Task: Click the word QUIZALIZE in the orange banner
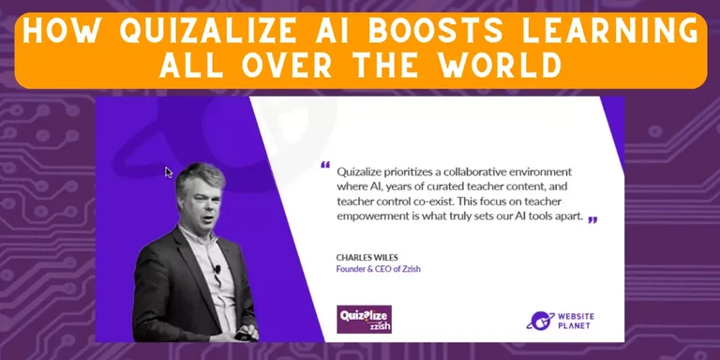[199, 30]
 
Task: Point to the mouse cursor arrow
[169, 172]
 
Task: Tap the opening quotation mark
[325, 166]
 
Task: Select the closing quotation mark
[592, 219]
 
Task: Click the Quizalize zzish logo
[364, 319]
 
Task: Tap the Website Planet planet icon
[539, 321]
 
